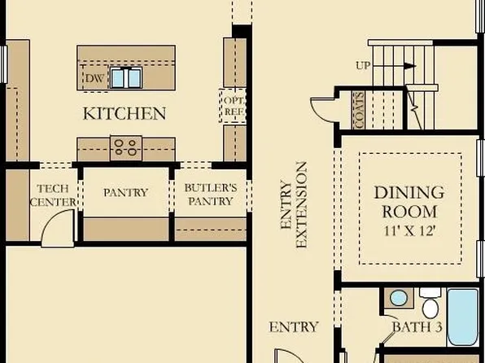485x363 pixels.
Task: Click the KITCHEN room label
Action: pyautogui.click(x=125, y=113)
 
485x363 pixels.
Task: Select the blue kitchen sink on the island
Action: pyautogui.click(x=126, y=78)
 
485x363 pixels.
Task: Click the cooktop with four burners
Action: pyautogui.click(x=125, y=147)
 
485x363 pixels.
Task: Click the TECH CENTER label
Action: pyautogui.click(x=53, y=195)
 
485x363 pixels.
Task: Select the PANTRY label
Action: pyautogui.click(x=125, y=193)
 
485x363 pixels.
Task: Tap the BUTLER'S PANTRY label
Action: pyautogui.click(x=209, y=194)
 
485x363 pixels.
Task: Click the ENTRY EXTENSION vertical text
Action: pyautogui.click(x=293, y=205)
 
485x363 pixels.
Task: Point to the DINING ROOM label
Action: pyautogui.click(x=409, y=202)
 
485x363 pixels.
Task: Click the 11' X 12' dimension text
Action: pyautogui.click(x=409, y=230)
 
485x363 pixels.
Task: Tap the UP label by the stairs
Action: pyautogui.click(x=363, y=64)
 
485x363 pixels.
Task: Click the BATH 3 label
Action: pyautogui.click(x=416, y=327)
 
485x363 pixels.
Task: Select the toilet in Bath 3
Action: pyautogui.click(x=430, y=305)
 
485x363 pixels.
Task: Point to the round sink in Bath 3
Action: pyautogui.click(x=398, y=298)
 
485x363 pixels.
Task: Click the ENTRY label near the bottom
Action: pyautogui.click(x=293, y=327)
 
